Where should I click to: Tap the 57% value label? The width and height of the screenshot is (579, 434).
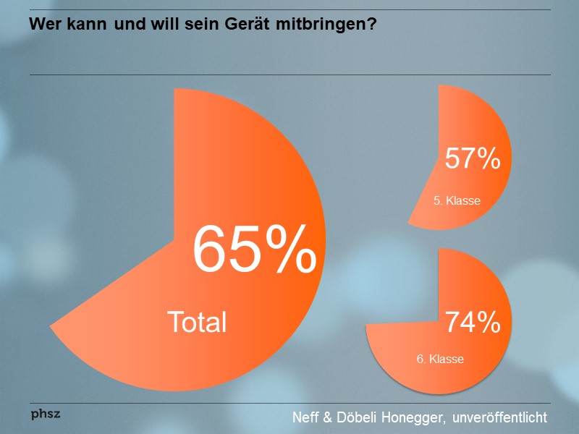click(x=473, y=158)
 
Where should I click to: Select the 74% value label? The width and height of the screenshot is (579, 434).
click(x=473, y=323)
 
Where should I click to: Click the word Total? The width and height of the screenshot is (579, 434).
click(x=197, y=322)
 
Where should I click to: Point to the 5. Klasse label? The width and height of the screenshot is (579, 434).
click(x=457, y=200)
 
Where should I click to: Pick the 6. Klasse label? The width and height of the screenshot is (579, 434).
click(x=440, y=358)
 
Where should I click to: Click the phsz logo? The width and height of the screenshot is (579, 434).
click(x=46, y=414)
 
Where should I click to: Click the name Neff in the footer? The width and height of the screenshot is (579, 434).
click(x=306, y=417)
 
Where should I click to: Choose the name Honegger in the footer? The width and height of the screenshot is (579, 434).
click(x=405, y=417)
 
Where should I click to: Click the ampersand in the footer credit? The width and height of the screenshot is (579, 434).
click(x=329, y=417)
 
